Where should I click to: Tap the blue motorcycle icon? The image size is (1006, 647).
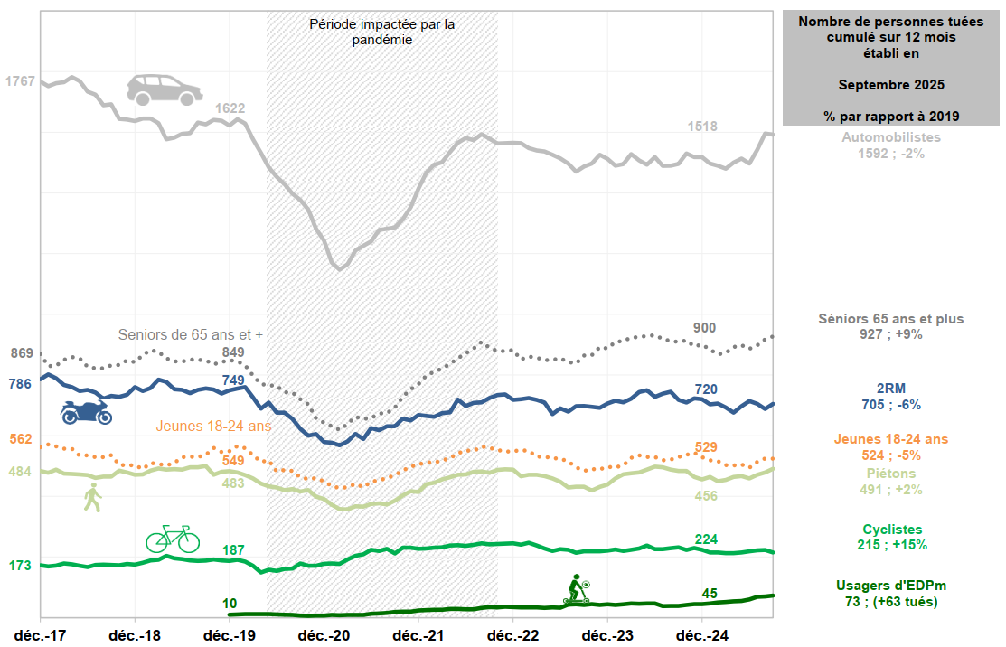[x=86, y=412]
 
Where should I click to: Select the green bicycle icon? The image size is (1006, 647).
[x=173, y=539]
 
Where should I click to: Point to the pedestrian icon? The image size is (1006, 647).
[x=92, y=497]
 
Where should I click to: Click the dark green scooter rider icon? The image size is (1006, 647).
[x=577, y=589]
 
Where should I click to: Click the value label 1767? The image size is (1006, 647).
[x=20, y=81]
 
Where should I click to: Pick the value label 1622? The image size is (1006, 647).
[x=230, y=108]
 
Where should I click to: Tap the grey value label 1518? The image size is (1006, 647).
[x=701, y=127]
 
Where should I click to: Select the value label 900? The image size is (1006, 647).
[x=705, y=327]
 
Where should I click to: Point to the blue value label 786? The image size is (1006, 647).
[x=20, y=384]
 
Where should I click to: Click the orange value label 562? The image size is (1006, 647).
[x=20, y=440]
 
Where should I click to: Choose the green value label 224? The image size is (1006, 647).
[x=706, y=539]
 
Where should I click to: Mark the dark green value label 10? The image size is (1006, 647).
[x=230, y=604]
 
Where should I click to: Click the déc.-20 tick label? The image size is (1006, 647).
[x=324, y=634]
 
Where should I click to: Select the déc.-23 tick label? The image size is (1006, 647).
[x=607, y=634]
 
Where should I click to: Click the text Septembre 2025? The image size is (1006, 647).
[x=891, y=85]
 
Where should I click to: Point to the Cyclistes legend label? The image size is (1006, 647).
[x=891, y=529]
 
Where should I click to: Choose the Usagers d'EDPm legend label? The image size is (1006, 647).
[x=891, y=586]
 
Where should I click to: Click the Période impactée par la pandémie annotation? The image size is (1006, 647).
[x=382, y=32]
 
